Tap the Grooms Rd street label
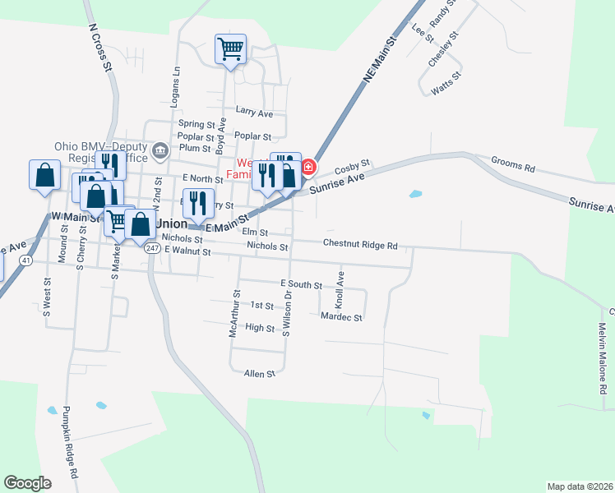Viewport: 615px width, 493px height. [x=512, y=164]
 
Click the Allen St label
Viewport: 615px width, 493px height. [x=259, y=374]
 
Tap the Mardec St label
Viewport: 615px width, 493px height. [x=342, y=316]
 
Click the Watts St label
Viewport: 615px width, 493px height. [x=446, y=85]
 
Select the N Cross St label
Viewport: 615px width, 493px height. [x=100, y=48]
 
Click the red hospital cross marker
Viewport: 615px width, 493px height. [x=308, y=168]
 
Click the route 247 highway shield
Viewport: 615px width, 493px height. [x=152, y=247]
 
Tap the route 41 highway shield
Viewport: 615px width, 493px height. [x=27, y=260]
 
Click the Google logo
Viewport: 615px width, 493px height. [x=27, y=482]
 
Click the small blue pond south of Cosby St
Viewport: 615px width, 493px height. [x=415, y=195]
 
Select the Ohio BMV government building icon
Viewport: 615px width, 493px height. [x=160, y=150]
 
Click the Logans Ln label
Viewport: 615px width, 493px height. [x=175, y=88]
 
